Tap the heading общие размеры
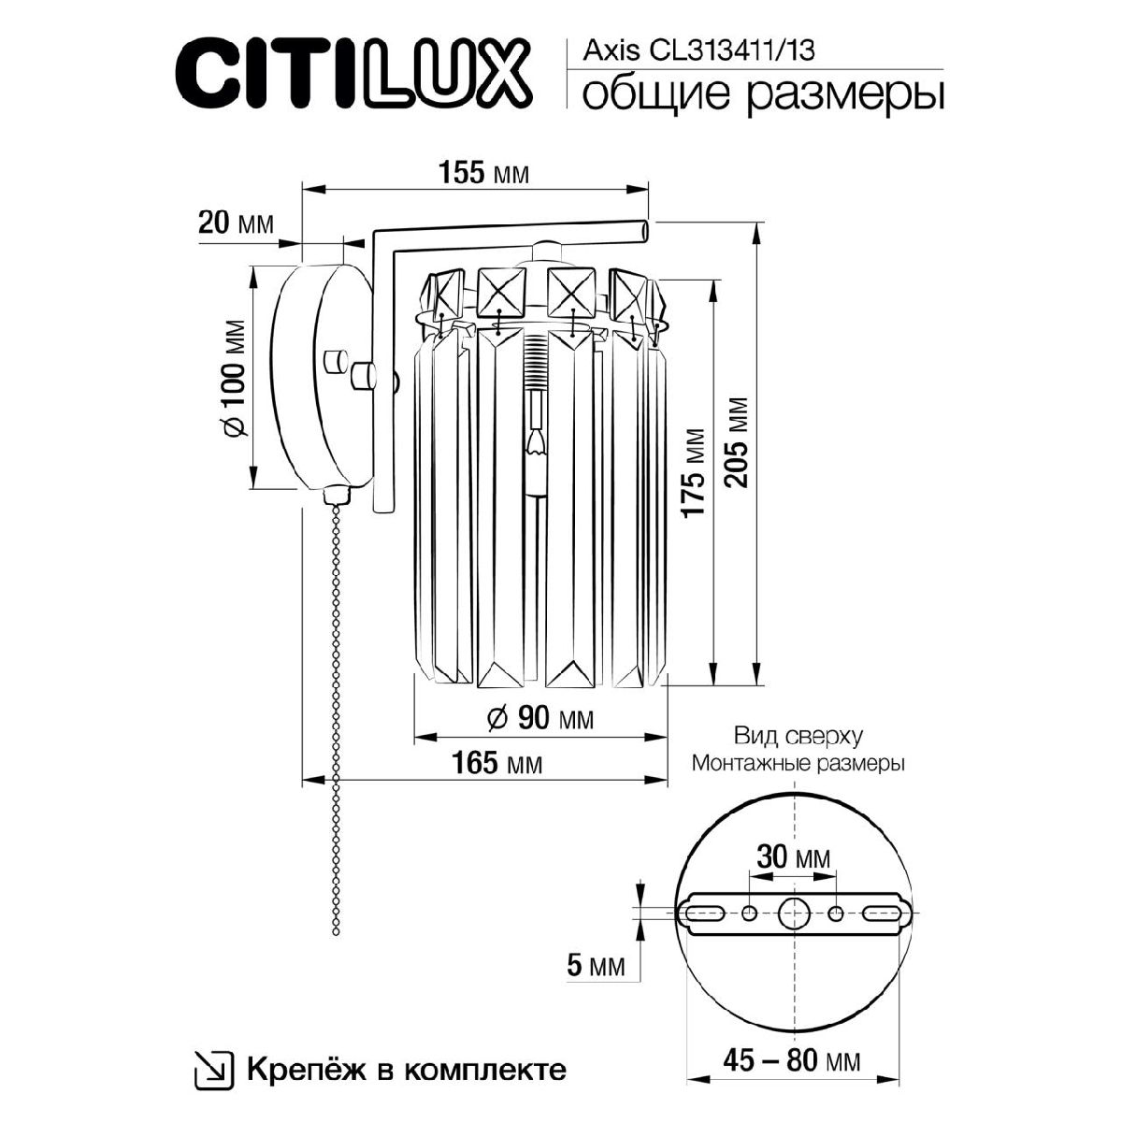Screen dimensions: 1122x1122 click(762, 93)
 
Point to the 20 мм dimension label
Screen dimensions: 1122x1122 click(236, 223)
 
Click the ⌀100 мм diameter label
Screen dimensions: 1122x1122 click(234, 379)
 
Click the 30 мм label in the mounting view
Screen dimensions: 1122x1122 click(792, 857)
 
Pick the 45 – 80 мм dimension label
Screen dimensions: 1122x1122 click(791, 1060)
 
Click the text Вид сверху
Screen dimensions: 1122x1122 click(797, 737)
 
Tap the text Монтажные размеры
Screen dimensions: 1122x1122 click(797, 763)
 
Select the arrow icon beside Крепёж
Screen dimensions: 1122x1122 click(210, 1069)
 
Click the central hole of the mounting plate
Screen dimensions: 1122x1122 click(793, 912)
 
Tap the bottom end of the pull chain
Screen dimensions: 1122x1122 click(335, 930)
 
